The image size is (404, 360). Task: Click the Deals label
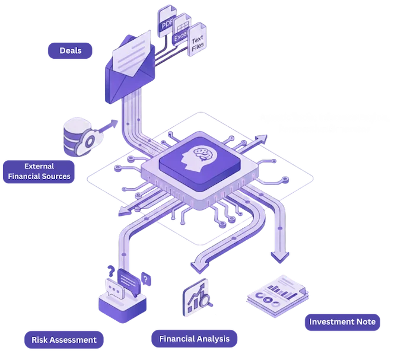point(71,50)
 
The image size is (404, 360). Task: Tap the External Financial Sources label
point(39,171)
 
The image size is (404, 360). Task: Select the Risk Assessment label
point(64,340)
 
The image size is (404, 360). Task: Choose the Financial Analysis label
point(194,339)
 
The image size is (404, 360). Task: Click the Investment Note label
point(342,322)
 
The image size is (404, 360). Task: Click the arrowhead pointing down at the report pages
point(279,256)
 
